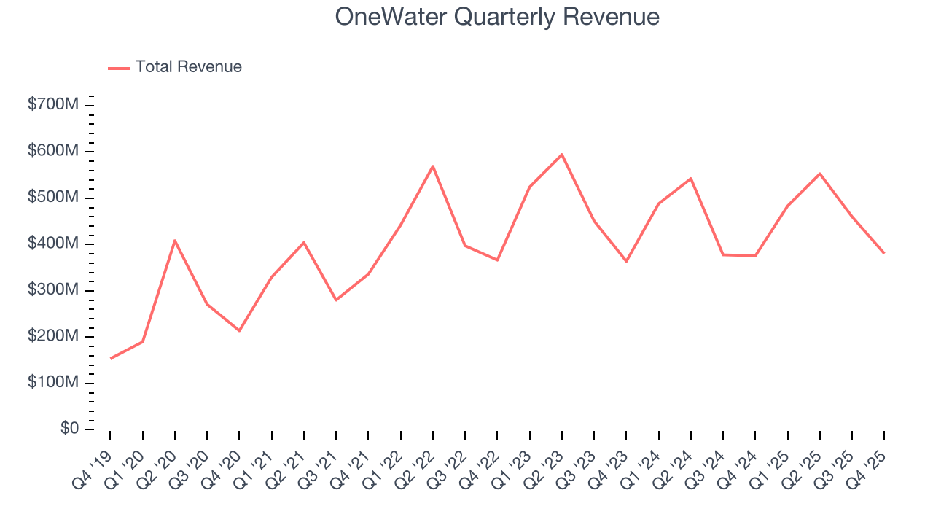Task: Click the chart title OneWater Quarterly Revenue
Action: tap(497, 17)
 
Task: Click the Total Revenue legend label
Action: tap(188, 67)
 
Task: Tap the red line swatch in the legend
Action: tap(119, 68)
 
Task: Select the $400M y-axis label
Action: tap(53, 244)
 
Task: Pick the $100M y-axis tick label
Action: tap(53, 383)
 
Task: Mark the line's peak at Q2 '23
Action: tap(561, 155)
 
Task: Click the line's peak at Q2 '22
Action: tap(433, 166)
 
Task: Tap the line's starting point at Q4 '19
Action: tap(110, 359)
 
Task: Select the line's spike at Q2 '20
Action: tap(175, 240)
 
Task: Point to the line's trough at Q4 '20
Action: tap(239, 331)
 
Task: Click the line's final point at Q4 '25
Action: tap(884, 253)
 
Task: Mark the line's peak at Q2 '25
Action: tap(820, 174)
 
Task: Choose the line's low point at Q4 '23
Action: tap(626, 261)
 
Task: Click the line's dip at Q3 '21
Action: tap(336, 300)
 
